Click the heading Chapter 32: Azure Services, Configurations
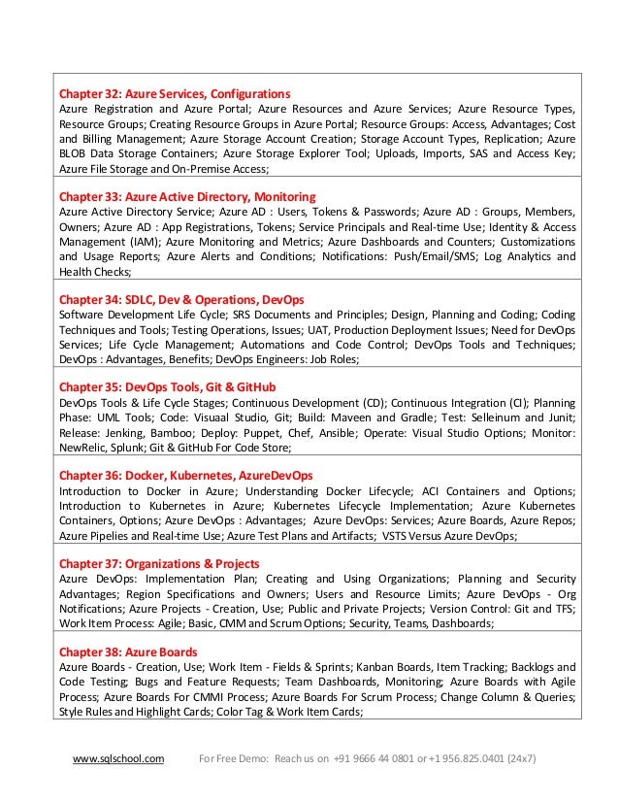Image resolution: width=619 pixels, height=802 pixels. click(x=175, y=93)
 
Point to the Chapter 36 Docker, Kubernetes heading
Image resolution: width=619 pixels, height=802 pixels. click(x=186, y=476)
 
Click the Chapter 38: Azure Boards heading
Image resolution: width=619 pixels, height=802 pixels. click(x=128, y=652)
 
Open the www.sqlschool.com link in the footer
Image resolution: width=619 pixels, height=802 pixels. click(x=119, y=757)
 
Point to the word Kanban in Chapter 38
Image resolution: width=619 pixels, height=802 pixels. click(x=349, y=667)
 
